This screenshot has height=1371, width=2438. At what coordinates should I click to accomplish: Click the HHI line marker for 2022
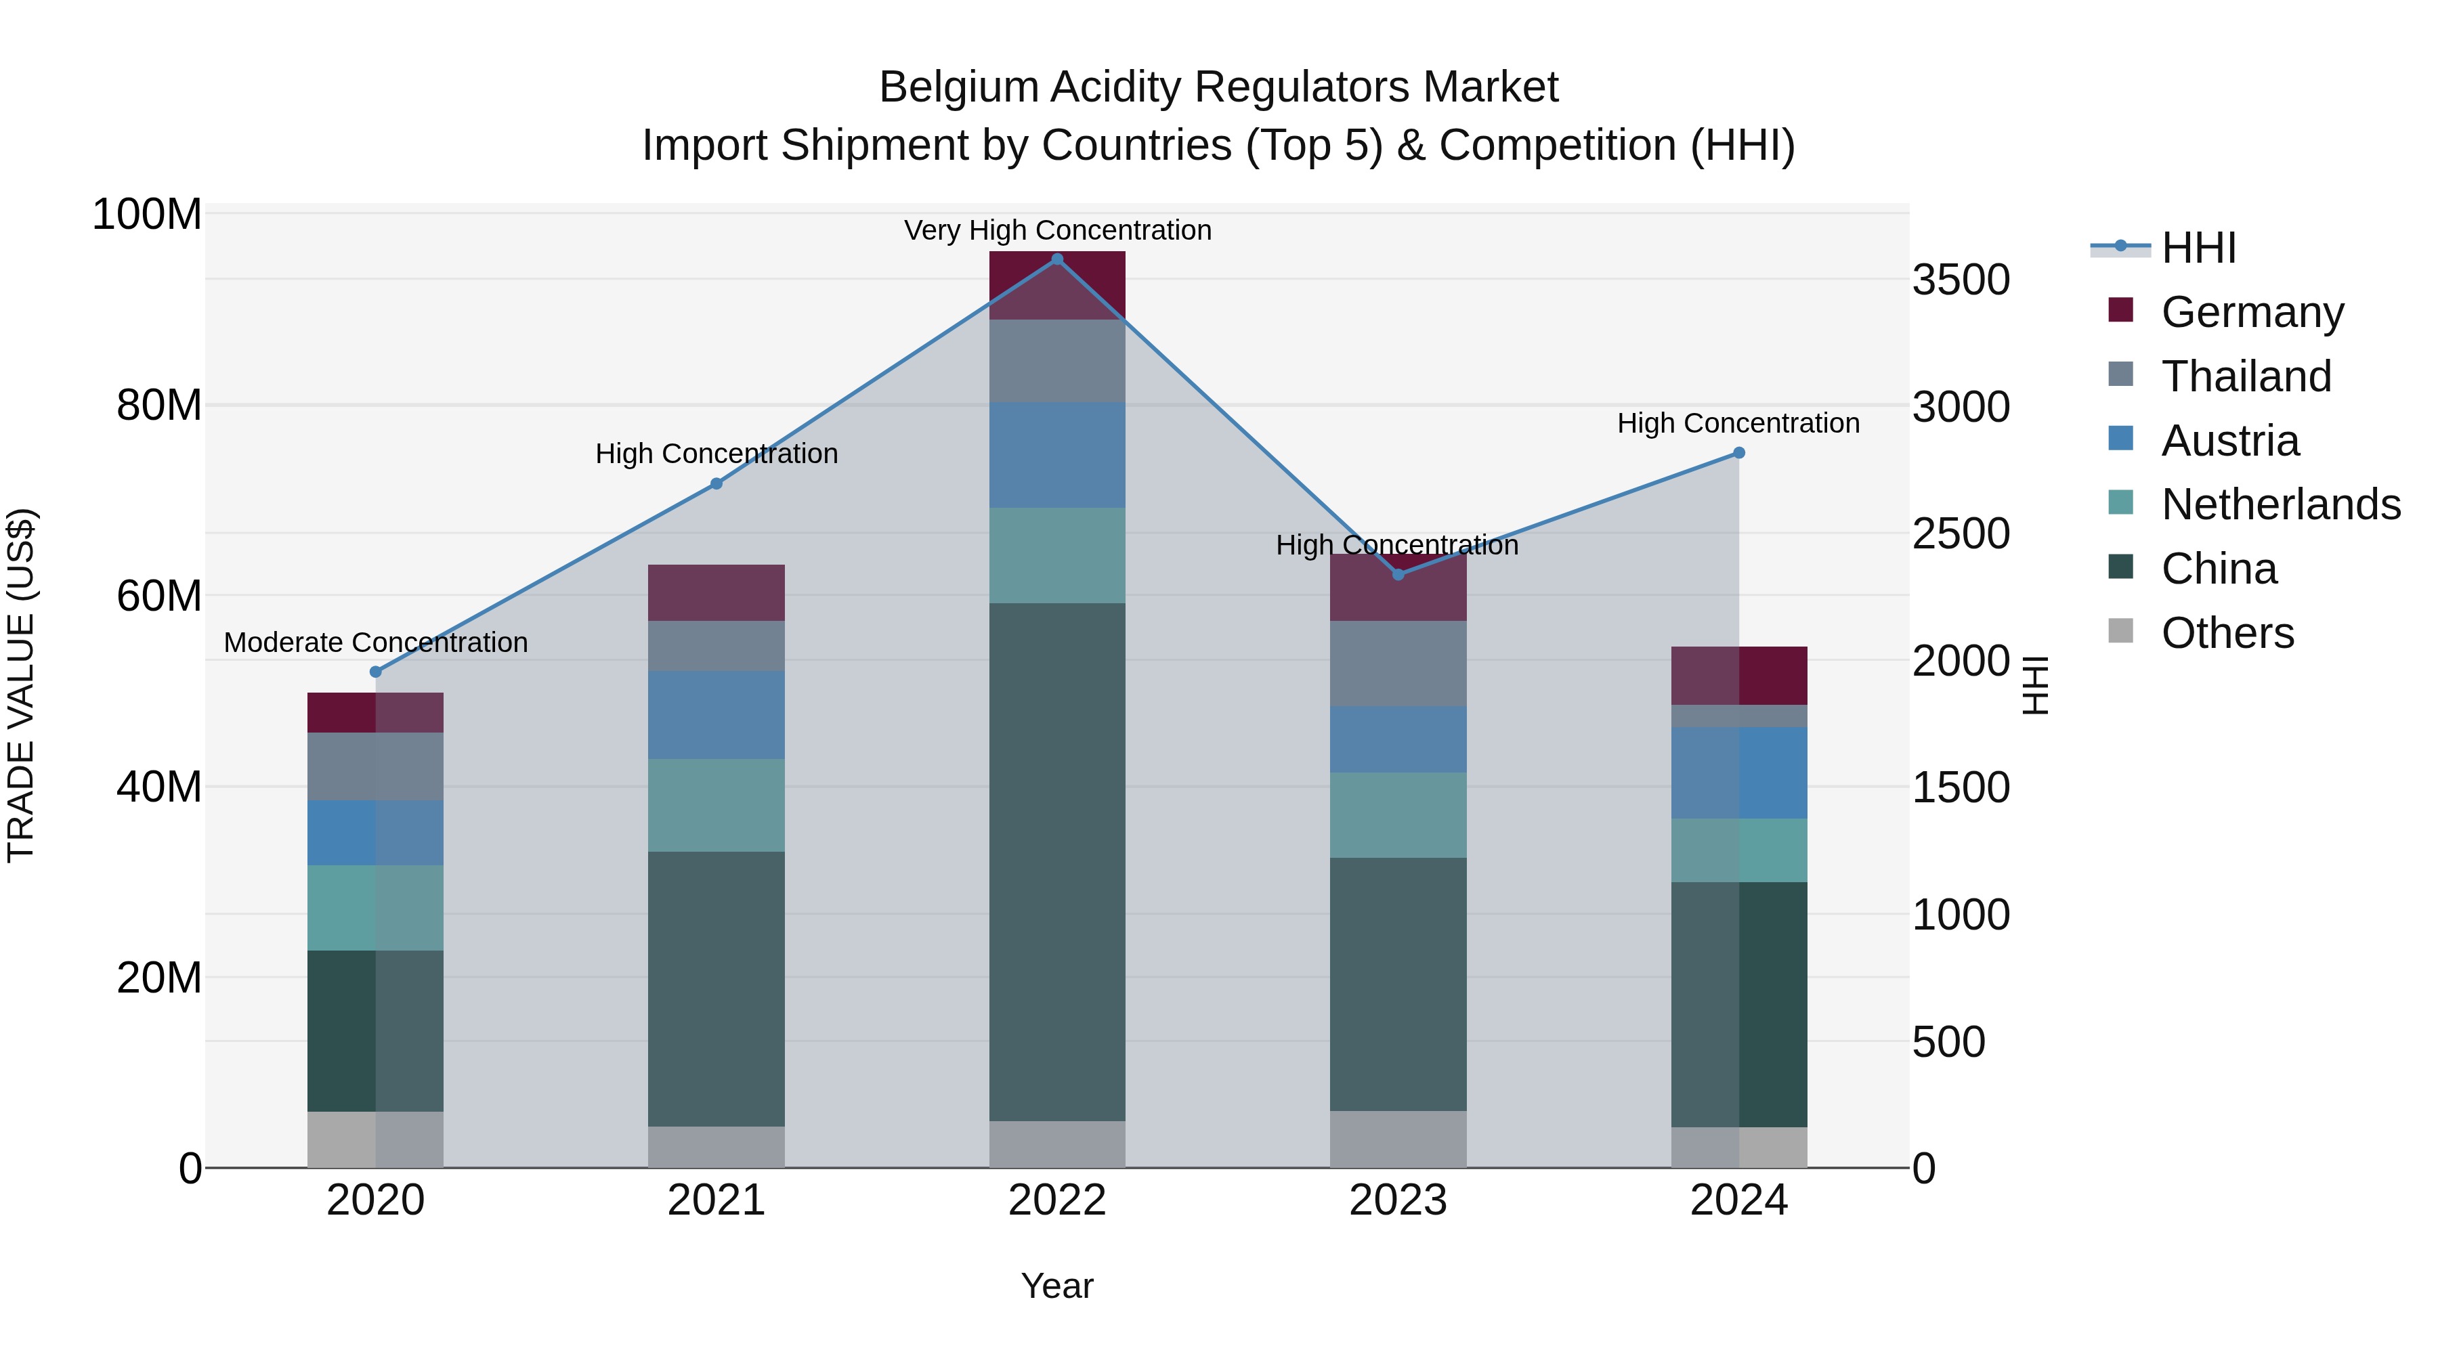tap(1057, 259)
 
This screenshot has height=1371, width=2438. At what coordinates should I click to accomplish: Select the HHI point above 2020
tap(376, 672)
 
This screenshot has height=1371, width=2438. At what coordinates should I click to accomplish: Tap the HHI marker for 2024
tap(1738, 453)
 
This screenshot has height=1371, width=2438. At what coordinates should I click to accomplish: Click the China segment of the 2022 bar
tap(1057, 861)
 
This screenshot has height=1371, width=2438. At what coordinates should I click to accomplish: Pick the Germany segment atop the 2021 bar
tap(717, 592)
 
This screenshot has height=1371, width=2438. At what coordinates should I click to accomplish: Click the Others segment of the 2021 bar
tap(717, 1147)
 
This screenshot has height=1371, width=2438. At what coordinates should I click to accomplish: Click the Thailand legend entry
tap(2246, 376)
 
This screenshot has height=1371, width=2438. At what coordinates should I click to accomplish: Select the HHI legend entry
tap(2198, 248)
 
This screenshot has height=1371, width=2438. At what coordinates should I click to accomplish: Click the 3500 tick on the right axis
tap(1961, 280)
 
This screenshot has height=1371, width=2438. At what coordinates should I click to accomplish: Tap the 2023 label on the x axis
tap(1398, 1200)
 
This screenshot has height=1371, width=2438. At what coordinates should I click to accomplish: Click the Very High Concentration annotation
tap(1057, 230)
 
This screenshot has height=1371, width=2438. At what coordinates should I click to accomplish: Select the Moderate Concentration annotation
tap(376, 643)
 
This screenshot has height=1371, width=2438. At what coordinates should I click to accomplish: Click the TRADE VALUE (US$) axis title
tap(21, 685)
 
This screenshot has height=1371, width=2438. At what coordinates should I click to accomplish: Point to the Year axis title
tap(1057, 1286)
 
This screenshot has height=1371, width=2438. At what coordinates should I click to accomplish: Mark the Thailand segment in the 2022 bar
tap(1057, 362)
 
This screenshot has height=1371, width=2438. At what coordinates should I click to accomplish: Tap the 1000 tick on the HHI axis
tap(1961, 915)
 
